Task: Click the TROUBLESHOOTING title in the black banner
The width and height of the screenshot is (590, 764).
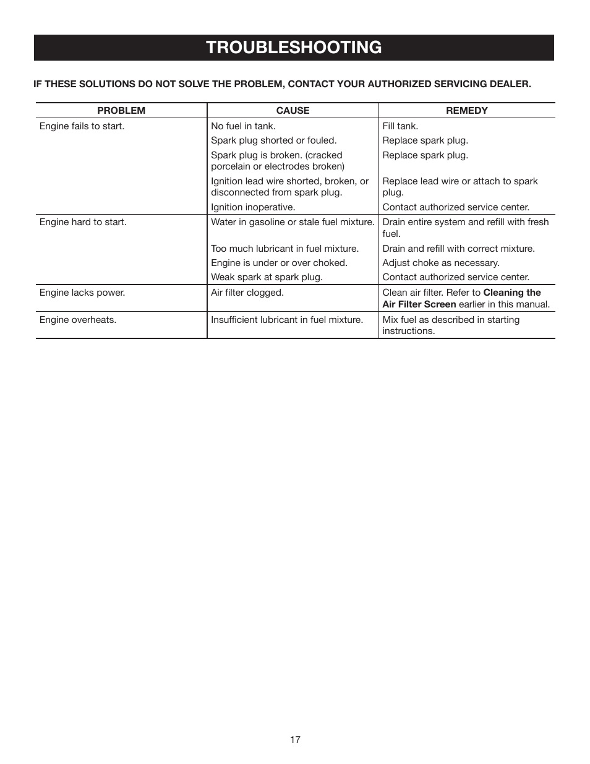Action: [x=294, y=48]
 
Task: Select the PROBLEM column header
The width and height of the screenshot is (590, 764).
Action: [x=121, y=111]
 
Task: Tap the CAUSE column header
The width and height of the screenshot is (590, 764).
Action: [x=293, y=111]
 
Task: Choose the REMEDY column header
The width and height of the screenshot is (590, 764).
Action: [x=466, y=111]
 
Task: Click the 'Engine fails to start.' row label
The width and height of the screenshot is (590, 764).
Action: [x=82, y=126]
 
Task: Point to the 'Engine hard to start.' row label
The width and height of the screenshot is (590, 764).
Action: [x=83, y=222]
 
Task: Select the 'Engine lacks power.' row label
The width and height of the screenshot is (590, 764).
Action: [x=82, y=293]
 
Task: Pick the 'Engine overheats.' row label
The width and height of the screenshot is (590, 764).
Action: [x=77, y=320]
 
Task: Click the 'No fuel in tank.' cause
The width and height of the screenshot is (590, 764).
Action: [x=243, y=126]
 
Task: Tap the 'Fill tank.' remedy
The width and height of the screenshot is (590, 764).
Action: [x=400, y=126]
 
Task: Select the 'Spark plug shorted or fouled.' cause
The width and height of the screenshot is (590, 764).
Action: [x=273, y=140]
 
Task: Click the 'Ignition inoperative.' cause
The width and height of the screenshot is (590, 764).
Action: [x=253, y=207]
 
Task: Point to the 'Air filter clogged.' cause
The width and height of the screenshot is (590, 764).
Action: [x=247, y=293]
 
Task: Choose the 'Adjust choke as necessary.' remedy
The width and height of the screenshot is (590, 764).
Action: [x=440, y=263]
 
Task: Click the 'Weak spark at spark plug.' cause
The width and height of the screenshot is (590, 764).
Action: [x=267, y=277]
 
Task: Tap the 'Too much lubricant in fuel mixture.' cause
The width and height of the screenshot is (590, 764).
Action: [x=284, y=249]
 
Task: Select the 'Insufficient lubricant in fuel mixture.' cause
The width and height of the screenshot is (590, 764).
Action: [x=286, y=320]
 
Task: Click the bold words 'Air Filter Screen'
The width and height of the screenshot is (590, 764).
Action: [x=419, y=304]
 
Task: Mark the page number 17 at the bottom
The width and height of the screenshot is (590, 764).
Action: [x=295, y=740]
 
